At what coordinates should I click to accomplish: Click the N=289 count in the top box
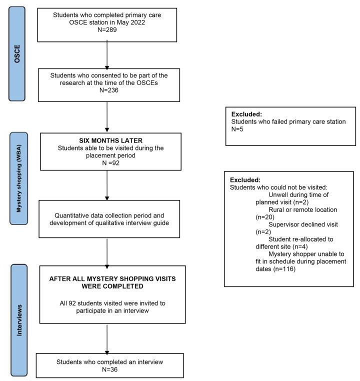107,30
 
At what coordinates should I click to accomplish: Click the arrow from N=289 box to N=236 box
107,55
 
